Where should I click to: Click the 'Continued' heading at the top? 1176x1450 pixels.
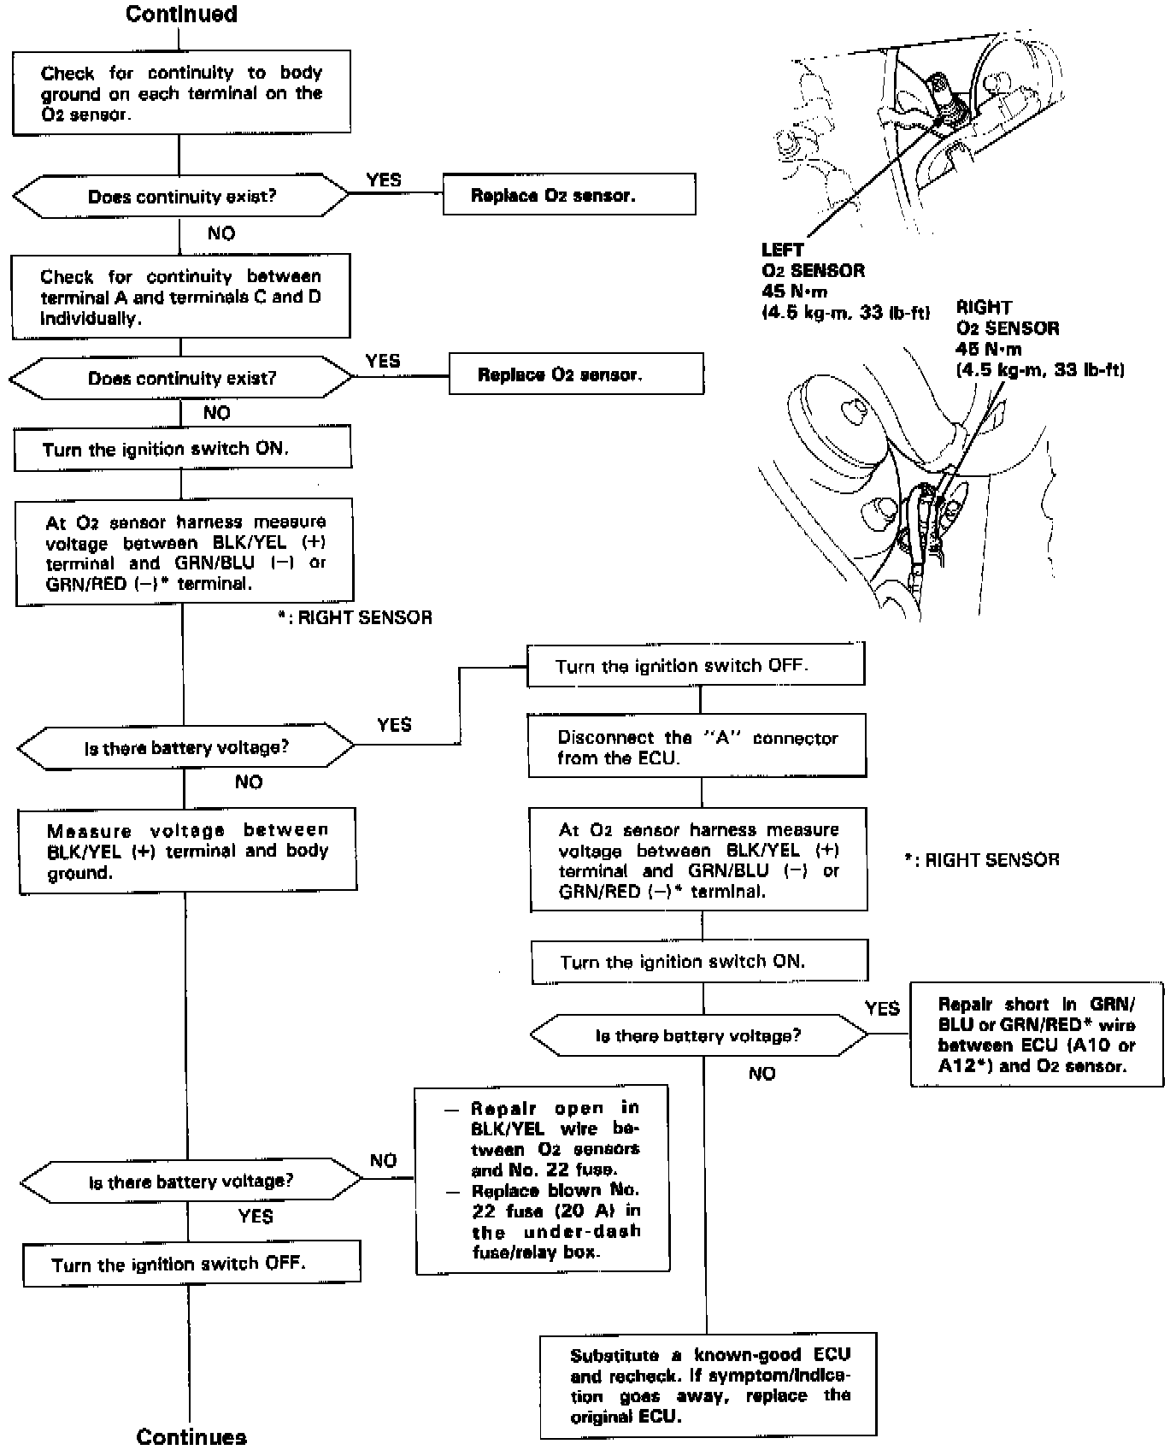[x=181, y=14]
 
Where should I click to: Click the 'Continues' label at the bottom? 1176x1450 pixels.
[x=191, y=1436]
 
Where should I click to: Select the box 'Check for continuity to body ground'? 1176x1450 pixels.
[x=181, y=93]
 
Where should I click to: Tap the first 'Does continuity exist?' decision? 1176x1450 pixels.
[x=181, y=197]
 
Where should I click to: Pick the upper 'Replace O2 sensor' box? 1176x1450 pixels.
[x=568, y=195]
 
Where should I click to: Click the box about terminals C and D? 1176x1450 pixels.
[x=180, y=297]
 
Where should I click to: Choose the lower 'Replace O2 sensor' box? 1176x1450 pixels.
[x=576, y=374]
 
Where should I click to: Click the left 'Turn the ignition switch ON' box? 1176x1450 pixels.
[x=182, y=449]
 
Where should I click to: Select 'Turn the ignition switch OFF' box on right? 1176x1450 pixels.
[x=696, y=665]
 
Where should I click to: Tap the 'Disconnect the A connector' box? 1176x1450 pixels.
[x=697, y=747]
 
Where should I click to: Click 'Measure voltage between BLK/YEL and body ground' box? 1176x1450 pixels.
[x=187, y=851]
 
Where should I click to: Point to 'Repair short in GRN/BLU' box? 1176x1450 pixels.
[x=1037, y=1034]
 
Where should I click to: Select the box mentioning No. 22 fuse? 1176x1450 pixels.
[x=542, y=1180]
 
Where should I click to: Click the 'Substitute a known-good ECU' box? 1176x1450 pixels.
[x=709, y=1385]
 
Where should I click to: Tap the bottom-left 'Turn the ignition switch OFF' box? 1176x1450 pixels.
[x=191, y=1264]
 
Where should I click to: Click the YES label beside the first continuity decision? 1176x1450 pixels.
[x=384, y=180]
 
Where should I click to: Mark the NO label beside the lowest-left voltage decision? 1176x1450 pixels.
[x=383, y=1160]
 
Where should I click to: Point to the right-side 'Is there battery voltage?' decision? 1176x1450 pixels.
[x=698, y=1035]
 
